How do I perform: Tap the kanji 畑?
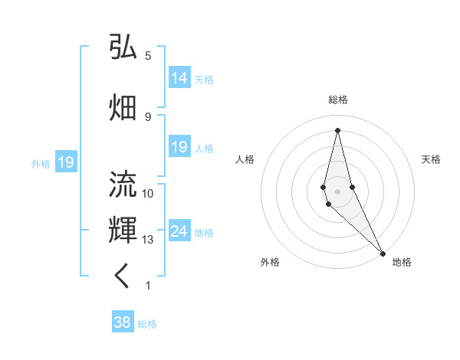coord(123,107)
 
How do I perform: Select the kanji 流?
coord(123,185)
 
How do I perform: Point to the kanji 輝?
coord(123,230)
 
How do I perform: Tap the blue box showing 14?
coord(179,78)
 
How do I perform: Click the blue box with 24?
coord(179,231)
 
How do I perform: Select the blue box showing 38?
coord(123,322)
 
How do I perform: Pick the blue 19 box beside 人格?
coord(179,147)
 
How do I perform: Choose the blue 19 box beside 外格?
coord(65,162)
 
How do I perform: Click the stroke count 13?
coord(148,240)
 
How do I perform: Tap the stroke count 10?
coord(148,193)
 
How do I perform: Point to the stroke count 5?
coord(148,55)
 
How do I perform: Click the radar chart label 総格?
coord(338,100)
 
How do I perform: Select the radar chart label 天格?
coord(431,159)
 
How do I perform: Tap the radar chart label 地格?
coord(402,262)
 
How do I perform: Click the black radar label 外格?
coord(270,262)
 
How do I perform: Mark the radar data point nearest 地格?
coord(383,253)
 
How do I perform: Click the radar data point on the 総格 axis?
coord(338,130)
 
